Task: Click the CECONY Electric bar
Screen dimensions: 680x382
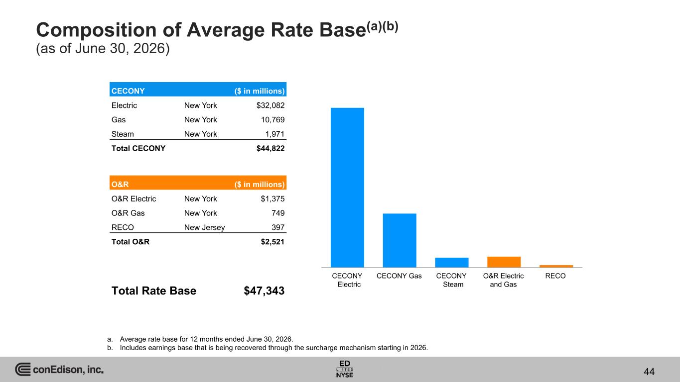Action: point(347,188)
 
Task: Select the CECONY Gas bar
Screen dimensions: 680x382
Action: point(400,240)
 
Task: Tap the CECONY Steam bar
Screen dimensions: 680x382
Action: point(452,263)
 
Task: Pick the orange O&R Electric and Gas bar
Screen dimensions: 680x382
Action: point(504,262)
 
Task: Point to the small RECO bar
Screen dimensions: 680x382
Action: point(556,266)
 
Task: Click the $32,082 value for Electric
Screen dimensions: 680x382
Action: point(271,105)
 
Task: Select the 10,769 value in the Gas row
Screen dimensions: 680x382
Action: point(272,120)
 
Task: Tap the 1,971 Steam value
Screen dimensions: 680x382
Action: point(274,134)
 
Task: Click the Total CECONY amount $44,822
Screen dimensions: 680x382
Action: point(271,148)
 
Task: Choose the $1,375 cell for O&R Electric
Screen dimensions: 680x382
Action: point(272,199)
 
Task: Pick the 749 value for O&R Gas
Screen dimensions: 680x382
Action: point(278,213)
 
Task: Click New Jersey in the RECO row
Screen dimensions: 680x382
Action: point(204,227)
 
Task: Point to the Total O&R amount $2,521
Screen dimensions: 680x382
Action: point(272,242)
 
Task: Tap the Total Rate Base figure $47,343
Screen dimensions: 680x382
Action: point(264,291)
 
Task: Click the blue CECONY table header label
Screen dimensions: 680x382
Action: point(128,91)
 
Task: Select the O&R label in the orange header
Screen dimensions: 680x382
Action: point(120,185)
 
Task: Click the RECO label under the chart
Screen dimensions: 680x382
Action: point(555,276)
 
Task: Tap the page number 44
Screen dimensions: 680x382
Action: point(649,372)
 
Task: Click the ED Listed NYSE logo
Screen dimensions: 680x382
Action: point(345,369)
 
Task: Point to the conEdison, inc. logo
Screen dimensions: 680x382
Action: point(59,369)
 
